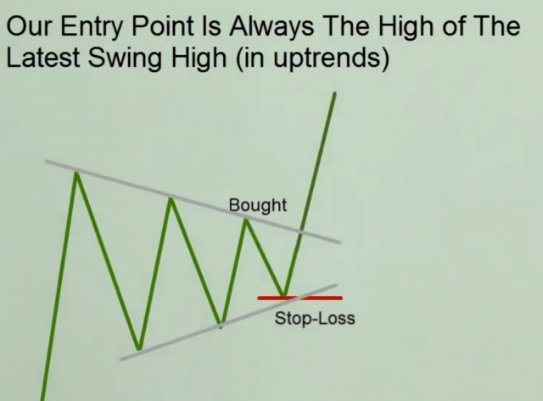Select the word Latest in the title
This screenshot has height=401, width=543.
[x=43, y=57]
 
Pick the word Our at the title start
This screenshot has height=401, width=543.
[x=30, y=26]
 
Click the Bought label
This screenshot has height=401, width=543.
[x=258, y=205]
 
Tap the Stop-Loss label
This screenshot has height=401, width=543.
[x=315, y=318]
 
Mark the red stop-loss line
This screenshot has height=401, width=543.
[x=299, y=298]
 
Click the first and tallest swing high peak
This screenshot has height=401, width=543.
[x=76, y=173]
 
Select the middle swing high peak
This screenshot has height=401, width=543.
[x=171, y=198]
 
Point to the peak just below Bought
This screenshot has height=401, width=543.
[x=245, y=220]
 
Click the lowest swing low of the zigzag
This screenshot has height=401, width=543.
[x=139, y=348]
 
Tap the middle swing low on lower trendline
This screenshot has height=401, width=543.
[x=221, y=326]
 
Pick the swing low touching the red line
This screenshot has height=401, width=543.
[x=284, y=295]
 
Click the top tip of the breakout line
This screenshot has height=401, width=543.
[x=335, y=92]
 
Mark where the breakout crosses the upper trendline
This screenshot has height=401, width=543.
[x=302, y=231]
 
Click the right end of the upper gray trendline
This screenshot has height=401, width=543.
[x=340, y=242]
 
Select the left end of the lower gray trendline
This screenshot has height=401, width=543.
[x=120, y=359]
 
